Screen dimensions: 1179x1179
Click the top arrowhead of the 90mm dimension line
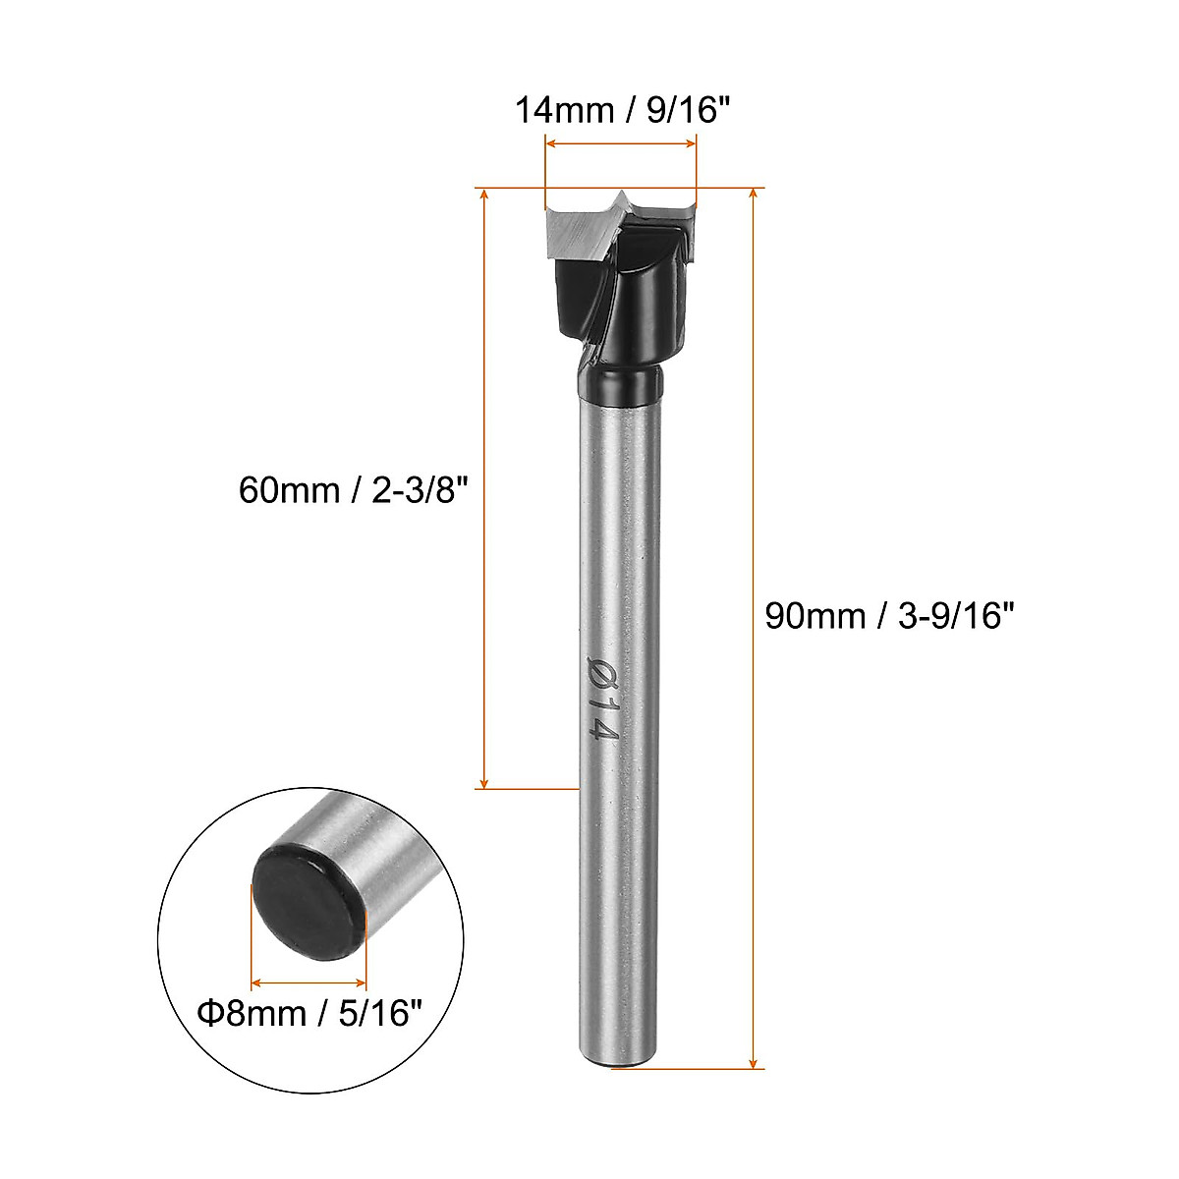point(754,194)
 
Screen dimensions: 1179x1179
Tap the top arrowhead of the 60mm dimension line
point(483,195)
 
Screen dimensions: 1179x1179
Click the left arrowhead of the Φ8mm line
point(257,982)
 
